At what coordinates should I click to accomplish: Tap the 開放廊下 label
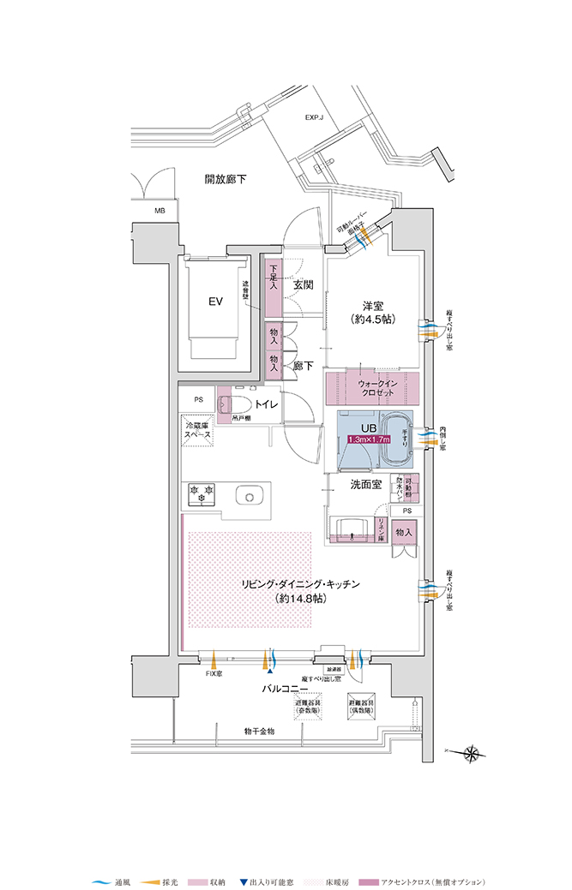226,180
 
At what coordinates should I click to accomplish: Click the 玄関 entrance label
302,285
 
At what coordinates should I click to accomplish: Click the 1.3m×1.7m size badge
368,439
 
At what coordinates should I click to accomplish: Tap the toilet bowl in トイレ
239,403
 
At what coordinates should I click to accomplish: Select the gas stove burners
202,493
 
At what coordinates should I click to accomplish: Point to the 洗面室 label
366,484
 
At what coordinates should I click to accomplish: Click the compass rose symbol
471,754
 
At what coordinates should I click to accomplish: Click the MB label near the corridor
160,211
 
